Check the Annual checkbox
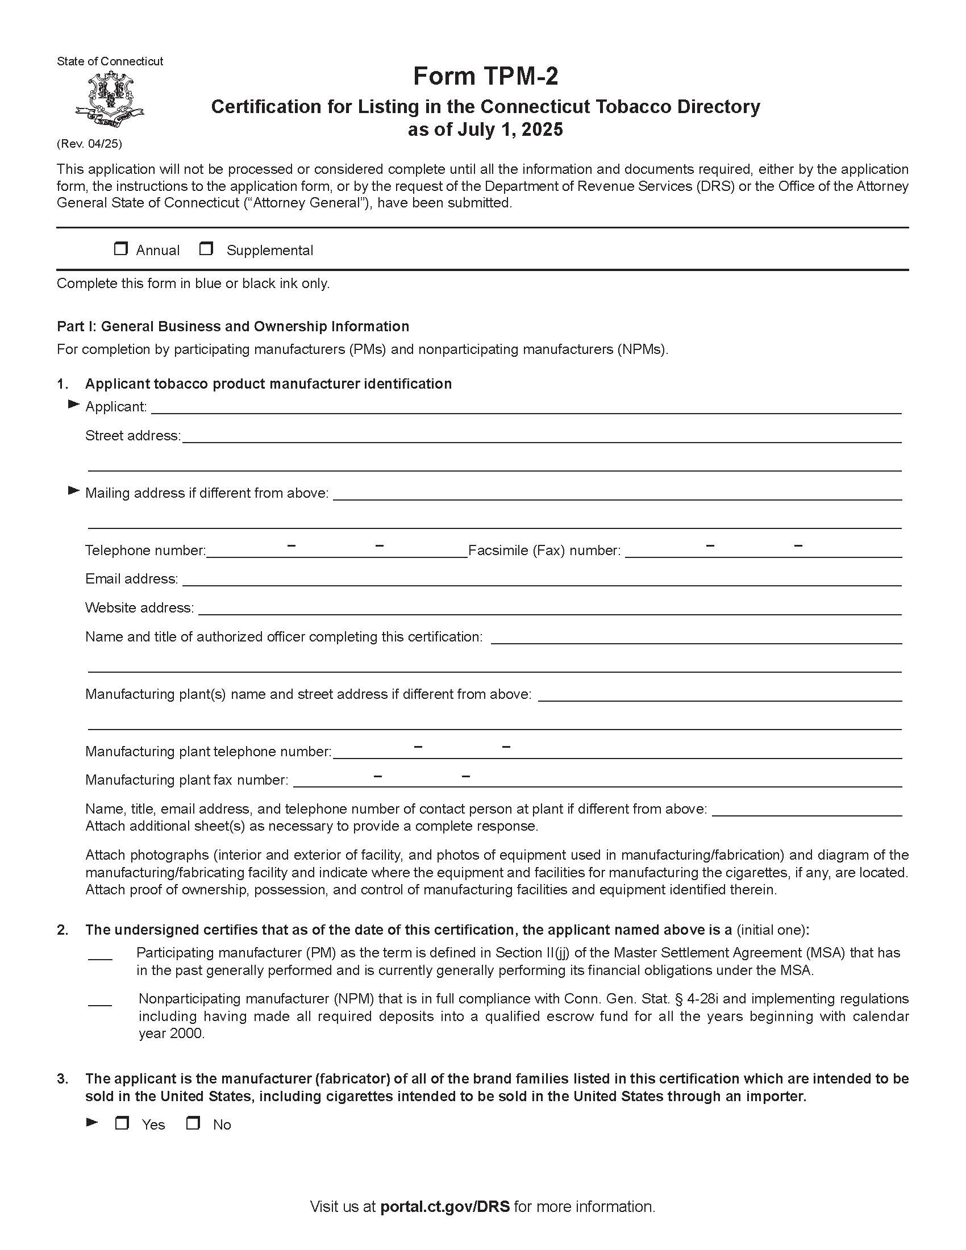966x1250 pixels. pyautogui.click(x=120, y=248)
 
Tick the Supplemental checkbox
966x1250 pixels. pyautogui.click(x=206, y=248)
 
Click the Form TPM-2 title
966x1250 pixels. pyautogui.click(x=485, y=76)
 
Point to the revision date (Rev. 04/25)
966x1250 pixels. pyautogui.click(x=89, y=144)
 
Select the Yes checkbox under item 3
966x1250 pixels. pyautogui.click(x=122, y=1123)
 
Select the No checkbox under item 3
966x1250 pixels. pyautogui.click(x=193, y=1123)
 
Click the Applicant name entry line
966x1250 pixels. pyautogui.click(x=526, y=407)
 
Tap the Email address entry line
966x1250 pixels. pyautogui.click(x=541, y=580)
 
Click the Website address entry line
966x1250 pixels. pyautogui.click(x=549, y=609)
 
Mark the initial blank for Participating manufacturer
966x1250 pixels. pyautogui.click(x=100, y=955)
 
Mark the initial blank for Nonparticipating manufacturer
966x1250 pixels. pyautogui.click(x=100, y=1001)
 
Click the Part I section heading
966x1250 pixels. pyautogui.click(x=233, y=326)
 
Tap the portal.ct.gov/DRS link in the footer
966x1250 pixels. pyautogui.click(x=445, y=1206)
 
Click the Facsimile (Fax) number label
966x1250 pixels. pyautogui.click(x=544, y=551)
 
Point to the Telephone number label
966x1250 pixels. pyautogui.click(x=145, y=551)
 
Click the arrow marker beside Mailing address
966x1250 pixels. pyautogui.click(x=73, y=490)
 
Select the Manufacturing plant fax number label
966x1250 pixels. pyautogui.click(x=186, y=780)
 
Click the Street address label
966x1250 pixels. pyautogui.click(x=133, y=436)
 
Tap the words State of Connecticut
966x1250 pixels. pyautogui.click(x=110, y=61)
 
